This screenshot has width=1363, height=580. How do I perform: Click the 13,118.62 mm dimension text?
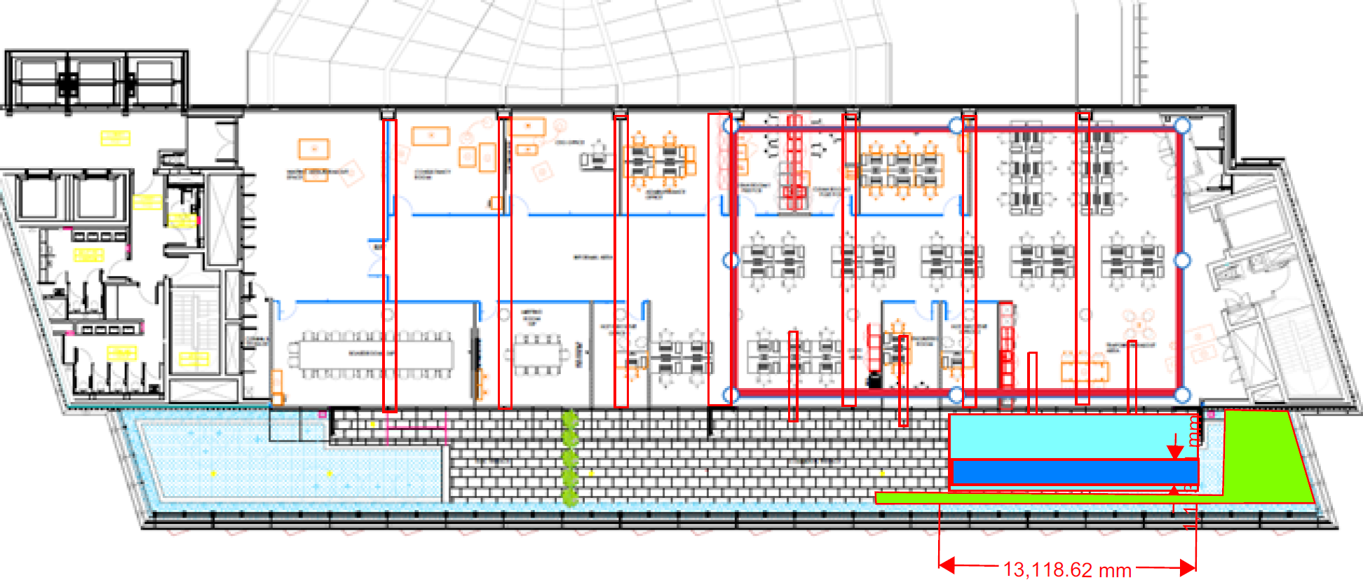click(1067, 569)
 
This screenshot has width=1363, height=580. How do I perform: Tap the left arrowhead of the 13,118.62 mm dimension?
click(947, 565)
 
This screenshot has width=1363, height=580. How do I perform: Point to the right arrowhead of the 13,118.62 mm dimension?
click(1188, 566)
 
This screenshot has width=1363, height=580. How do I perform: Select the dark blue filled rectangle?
click(1073, 471)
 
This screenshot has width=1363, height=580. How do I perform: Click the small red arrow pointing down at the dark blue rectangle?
click(1175, 448)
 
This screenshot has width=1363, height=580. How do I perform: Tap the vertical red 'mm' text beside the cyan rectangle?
click(1194, 430)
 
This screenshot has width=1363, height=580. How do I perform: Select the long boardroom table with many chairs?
click(371, 354)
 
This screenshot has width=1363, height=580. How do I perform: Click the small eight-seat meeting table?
click(538, 354)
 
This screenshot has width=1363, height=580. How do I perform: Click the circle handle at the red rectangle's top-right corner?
click(1182, 126)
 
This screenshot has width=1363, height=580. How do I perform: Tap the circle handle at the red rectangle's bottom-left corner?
click(731, 394)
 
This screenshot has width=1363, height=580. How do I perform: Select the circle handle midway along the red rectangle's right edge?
click(1182, 261)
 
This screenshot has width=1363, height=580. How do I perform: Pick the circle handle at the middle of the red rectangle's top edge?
click(956, 126)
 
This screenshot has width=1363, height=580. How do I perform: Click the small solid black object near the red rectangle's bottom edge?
click(874, 380)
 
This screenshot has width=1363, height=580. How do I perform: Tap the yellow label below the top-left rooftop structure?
click(115, 137)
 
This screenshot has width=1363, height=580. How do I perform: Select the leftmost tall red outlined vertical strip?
click(390, 265)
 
